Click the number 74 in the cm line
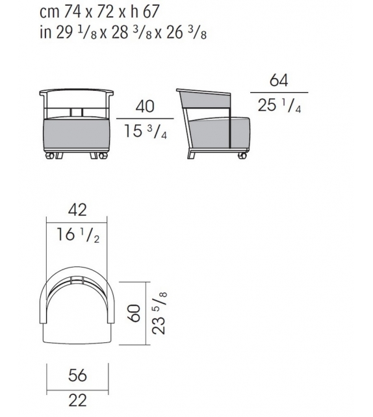pos(73,12)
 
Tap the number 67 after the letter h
pos(151,12)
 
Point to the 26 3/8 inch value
pos(186,33)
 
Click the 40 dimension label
pos(145,107)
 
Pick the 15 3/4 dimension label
pos(146,131)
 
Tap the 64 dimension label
pos(279,81)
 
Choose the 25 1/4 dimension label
pos(279,106)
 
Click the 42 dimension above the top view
pos(77,210)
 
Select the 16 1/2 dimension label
pos(78,235)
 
